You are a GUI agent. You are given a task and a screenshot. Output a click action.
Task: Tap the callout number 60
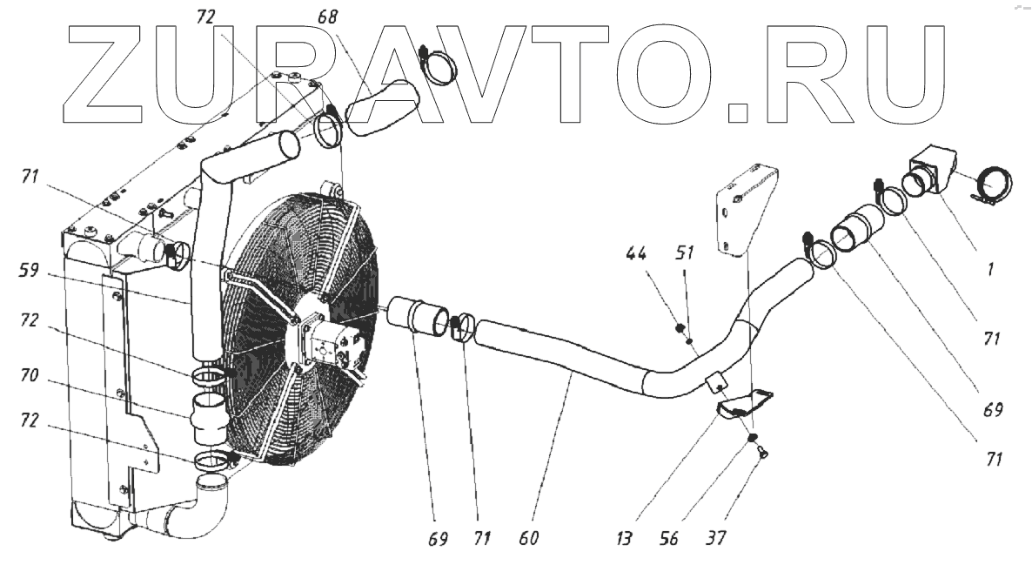point(529,538)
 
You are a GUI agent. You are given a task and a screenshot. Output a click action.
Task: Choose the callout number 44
point(635,254)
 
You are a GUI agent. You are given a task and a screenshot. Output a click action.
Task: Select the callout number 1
point(990,271)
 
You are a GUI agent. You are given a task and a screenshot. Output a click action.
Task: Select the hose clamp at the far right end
point(993,188)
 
